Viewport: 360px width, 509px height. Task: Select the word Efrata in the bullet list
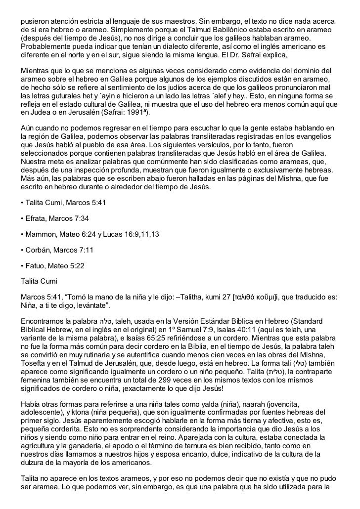tap(37, 218)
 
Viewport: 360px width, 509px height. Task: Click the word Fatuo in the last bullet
tap(35, 266)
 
